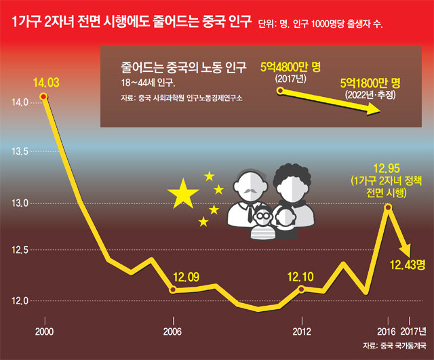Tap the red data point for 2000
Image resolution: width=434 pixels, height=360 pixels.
coord(44,97)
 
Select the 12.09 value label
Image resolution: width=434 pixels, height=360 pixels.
coord(186,277)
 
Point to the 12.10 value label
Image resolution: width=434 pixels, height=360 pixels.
coord(301,277)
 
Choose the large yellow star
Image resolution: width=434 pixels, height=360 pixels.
coord(183,195)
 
